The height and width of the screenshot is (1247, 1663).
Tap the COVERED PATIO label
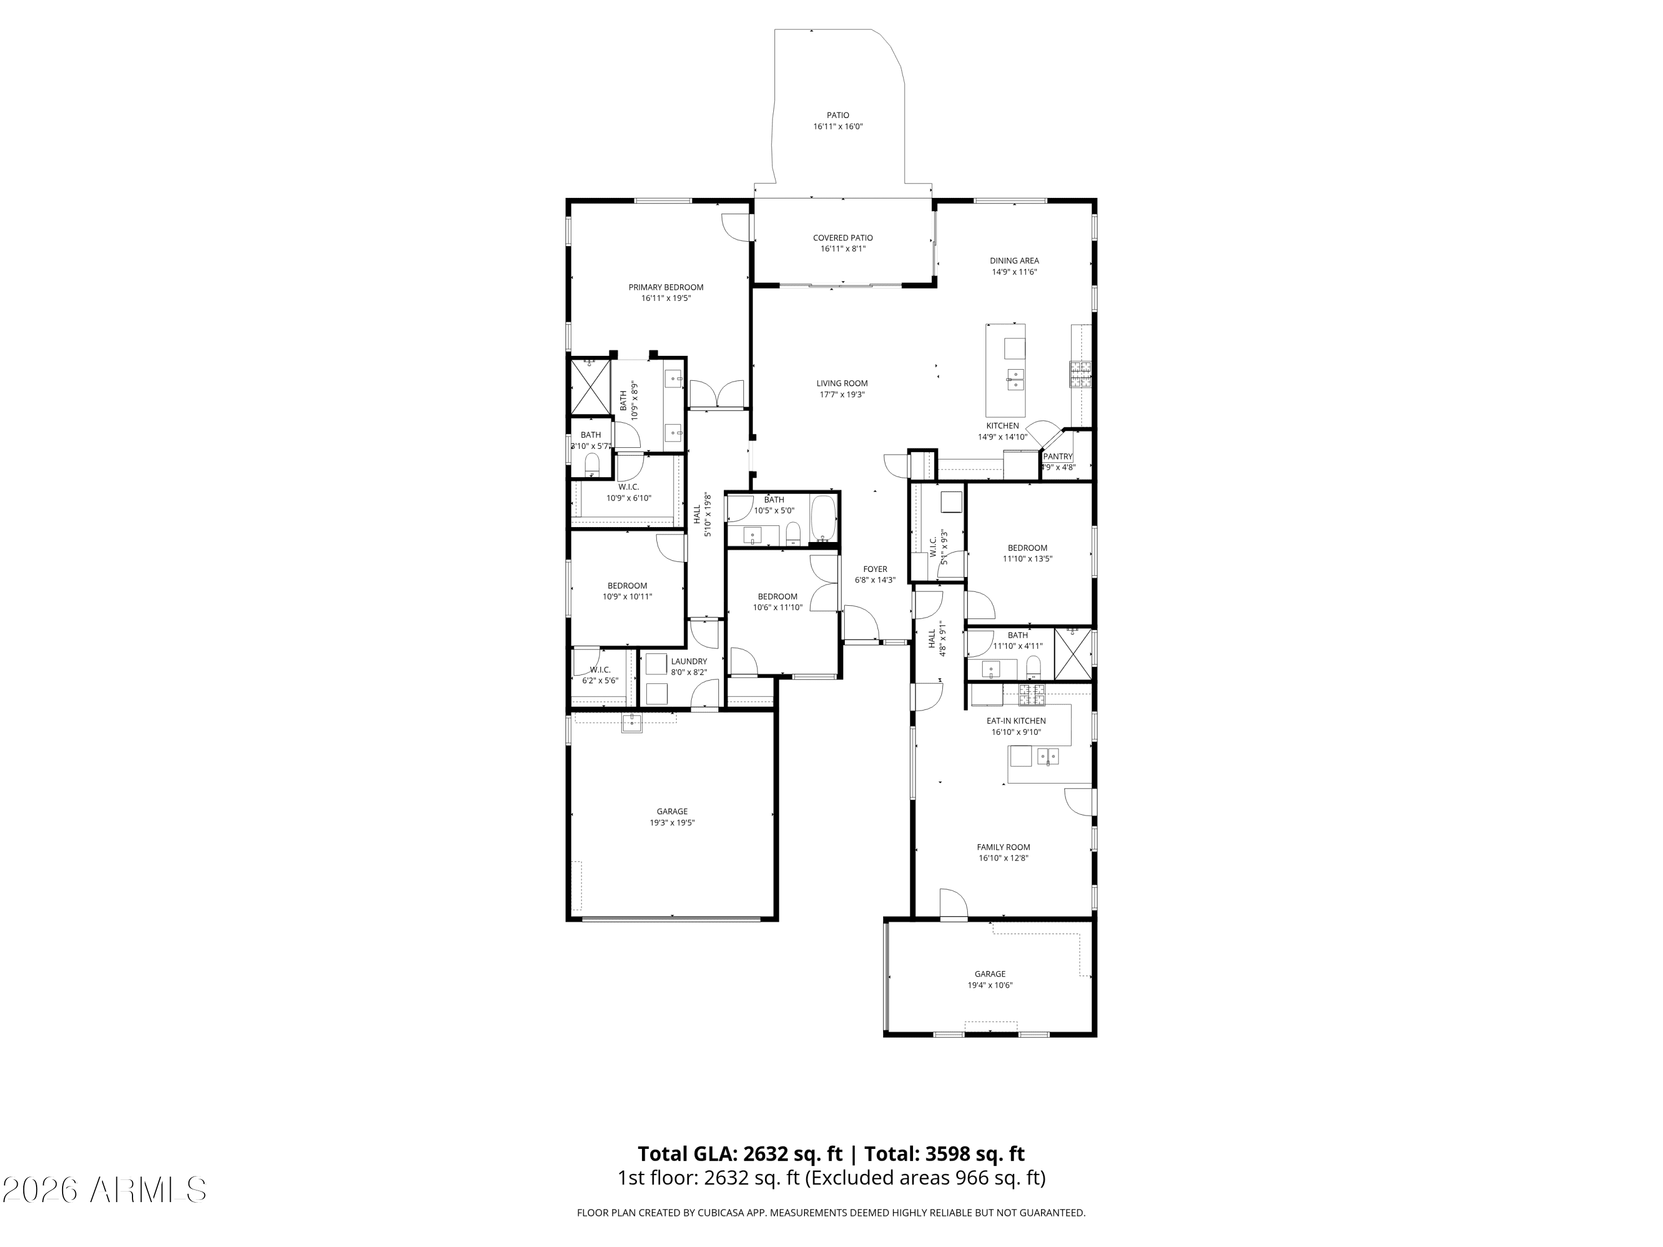842,238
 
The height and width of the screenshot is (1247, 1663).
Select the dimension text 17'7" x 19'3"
841,395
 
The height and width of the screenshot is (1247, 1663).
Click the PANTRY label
1057,456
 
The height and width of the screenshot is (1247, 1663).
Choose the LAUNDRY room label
688,661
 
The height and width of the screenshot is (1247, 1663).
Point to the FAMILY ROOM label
1003,847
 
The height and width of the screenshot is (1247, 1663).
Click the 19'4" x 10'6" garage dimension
989,985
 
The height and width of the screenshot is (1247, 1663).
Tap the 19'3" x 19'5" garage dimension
671,822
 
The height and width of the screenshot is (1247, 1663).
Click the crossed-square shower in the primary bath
590,387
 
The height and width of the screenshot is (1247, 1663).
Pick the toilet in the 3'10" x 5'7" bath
591,464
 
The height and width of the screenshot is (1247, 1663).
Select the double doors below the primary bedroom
717,395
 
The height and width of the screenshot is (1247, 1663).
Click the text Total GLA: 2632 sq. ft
740,1154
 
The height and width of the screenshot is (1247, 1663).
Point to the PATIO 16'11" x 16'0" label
838,121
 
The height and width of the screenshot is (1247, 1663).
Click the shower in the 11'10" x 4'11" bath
1073,653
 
